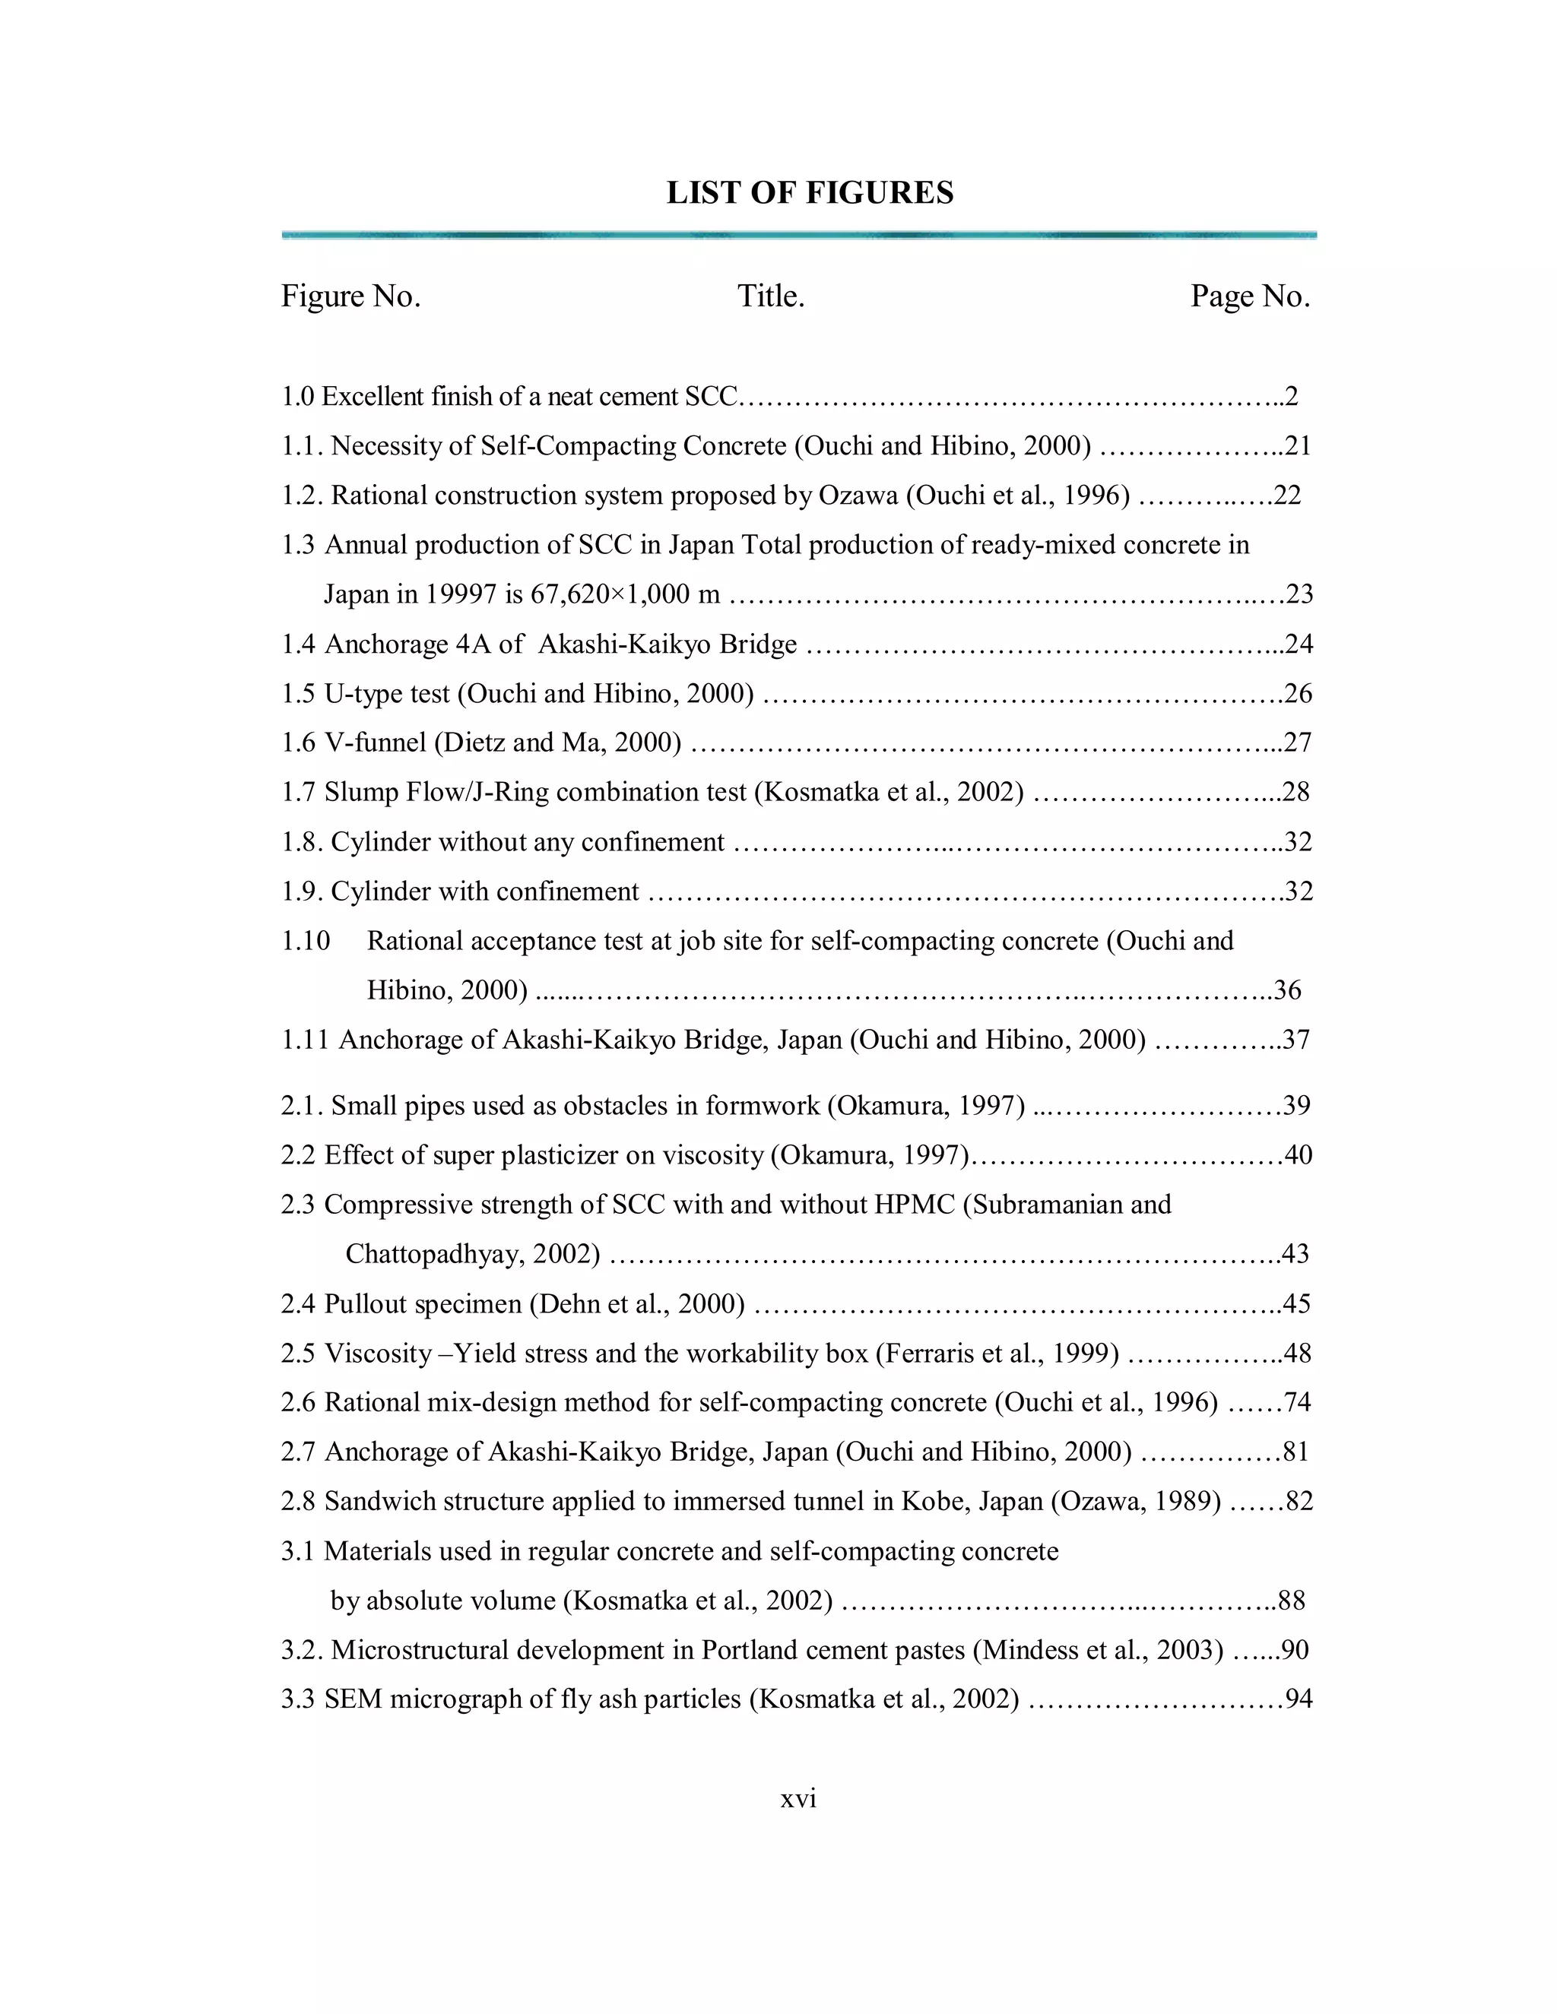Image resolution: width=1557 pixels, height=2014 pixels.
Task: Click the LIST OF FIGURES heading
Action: (810, 193)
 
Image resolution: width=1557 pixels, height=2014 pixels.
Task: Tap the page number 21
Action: (1298, 446)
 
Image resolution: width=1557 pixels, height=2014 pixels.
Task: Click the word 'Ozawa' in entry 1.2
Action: (858, 496)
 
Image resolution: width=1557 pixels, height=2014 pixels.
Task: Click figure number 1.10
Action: (306, 941)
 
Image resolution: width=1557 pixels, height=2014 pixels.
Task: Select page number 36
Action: (1288, 990)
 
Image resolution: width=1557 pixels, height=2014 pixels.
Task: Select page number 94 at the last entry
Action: (1299, 1699)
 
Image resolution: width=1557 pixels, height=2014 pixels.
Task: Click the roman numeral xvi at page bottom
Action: (799, 1799)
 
